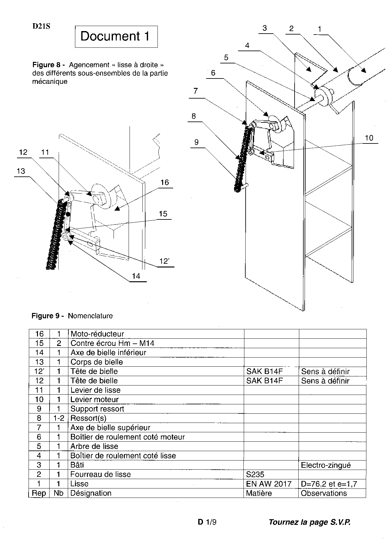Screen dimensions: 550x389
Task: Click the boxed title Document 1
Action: [116, 36]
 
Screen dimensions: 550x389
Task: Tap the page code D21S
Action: [41, 26]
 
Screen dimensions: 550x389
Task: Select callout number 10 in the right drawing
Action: [369, 138]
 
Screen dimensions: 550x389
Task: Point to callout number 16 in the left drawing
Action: [165, 182]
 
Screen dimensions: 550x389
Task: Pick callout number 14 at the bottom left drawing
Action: [136, 276]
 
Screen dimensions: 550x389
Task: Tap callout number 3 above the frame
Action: [264, 28]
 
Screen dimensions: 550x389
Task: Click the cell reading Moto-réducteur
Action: [97, 334]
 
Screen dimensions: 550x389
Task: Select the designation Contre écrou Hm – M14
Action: [112, 343]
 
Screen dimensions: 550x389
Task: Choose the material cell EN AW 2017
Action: [269, 484]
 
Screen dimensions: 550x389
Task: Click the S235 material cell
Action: [255, 474]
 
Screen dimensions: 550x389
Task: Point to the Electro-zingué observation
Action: [326, 465]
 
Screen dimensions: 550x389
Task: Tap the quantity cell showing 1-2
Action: [59, 418]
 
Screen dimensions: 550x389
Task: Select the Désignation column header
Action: [91, 493]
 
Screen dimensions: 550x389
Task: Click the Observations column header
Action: [324, 493]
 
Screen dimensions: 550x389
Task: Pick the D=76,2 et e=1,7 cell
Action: [329, 484]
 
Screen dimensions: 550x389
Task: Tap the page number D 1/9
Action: [207, 522]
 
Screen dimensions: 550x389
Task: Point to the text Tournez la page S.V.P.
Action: [309, 522]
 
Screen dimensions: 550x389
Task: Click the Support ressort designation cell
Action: [97, 409]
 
